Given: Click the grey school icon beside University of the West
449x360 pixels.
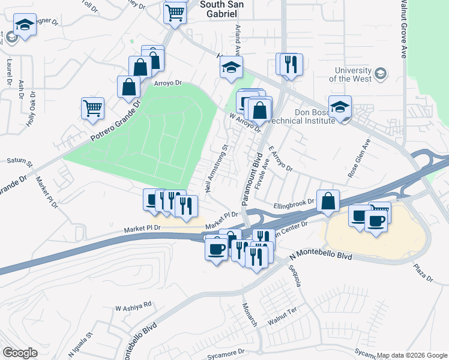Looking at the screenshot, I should (x=380, y=74).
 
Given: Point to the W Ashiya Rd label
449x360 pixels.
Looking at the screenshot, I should (x=134, y=305).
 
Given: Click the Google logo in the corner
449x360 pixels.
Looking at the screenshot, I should (x=20, y=353).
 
